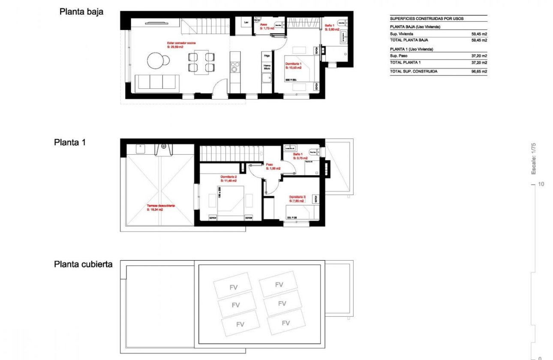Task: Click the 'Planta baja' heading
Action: pyautogui.click(x=81, y=12)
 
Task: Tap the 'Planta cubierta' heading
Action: pyautogui.click(x=83, y=264)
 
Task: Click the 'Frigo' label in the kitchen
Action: pyautogui.click(x=267, y=56)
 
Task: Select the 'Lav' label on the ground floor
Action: pyautogui.click(x=246, y=22)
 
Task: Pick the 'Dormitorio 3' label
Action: pyautogui.click(x=297, y=197)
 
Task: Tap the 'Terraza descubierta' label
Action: pyautogui.click(x=160, y=206)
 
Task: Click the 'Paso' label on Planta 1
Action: pyautogui.click(x=270, y=164)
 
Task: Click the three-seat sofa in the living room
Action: pyautogui.click(x=157, y=82)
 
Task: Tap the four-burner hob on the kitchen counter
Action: pyautogui.click(x=234, y=66)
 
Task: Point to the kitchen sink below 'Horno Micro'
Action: pyautogui.click(x=267, y=78)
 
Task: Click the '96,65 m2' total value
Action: pyautogui.click(x=479, y=72)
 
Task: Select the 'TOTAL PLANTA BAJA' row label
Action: pyautogui.click(x=409, y=40)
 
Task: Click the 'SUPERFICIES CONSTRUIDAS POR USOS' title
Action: pyautogui.click(x=427, y=19)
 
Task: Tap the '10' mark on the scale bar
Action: pyautogui.click(x=541, y=184)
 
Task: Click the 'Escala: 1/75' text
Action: pyautogui.click(x=534, y=159)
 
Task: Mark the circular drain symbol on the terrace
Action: pyautogui.click(x=163, y=146)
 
